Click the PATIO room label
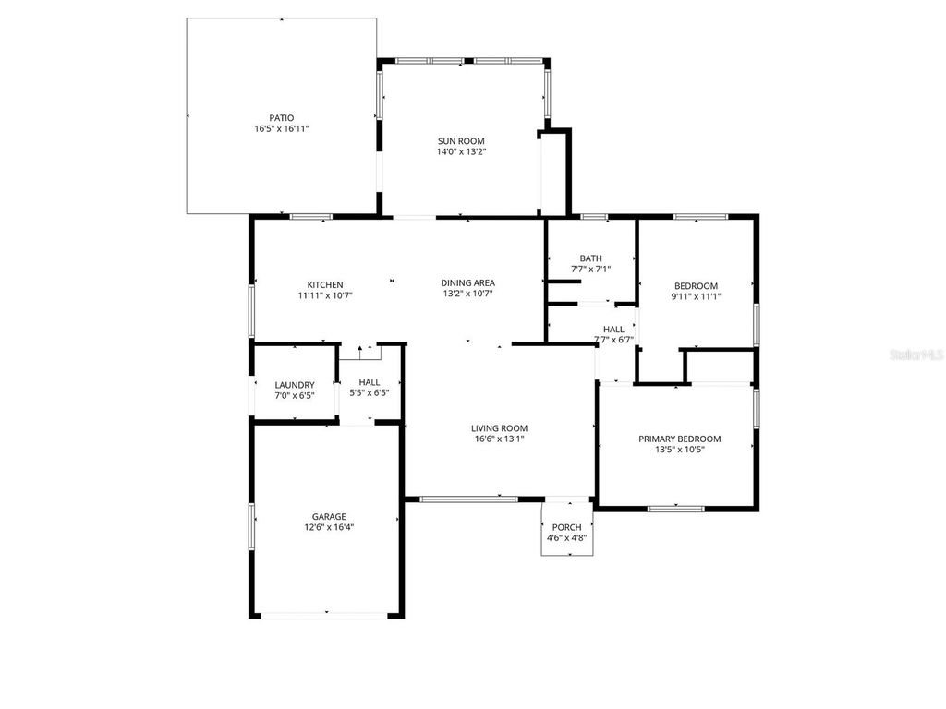(281, 118)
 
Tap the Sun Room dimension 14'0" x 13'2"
(461, 152)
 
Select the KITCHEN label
(325, 284)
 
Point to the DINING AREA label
(467, 283)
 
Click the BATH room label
(590, 258)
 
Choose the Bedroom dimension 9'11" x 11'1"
(695, 297)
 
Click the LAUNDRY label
(295, 385)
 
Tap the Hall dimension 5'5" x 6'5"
(369, 392)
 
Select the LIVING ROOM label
(499, 428)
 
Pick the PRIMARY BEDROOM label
(679, 439)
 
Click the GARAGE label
(328, 517)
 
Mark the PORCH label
(567, 527)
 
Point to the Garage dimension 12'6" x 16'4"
(328, 528)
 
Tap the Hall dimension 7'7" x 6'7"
(613, 340)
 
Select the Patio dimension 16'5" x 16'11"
(281, 129)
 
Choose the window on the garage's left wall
(251, 526)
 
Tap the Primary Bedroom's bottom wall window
(675, 508)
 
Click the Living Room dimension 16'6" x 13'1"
(499, 439)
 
